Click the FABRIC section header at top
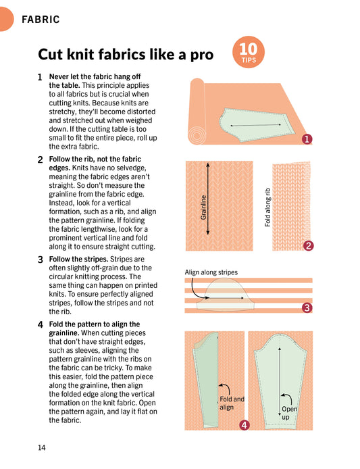(x=41, y=20)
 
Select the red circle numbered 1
(x=307, y=139)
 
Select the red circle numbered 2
(x=308, y=246)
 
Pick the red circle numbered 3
(x=307, y=308)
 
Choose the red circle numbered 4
(x=244, y=425)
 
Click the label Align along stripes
(x=211, y=272)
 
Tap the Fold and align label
(x=232, y=403)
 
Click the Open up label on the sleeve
(x=289, y=413)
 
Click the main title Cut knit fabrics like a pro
(x=126, y=54)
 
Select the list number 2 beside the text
(x=41, y=159)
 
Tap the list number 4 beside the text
(x=41, y=324)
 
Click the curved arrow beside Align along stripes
(x=197, y=290)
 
